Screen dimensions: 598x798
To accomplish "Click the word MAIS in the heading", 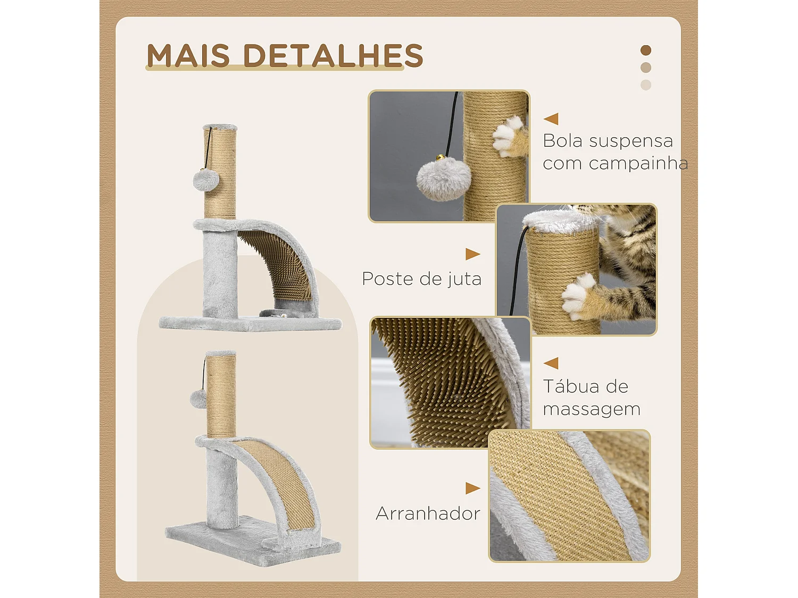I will tap(188, 55).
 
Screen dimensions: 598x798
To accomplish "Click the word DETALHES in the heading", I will tap(333, 55).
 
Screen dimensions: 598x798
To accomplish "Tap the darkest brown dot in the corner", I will tap(646, 50).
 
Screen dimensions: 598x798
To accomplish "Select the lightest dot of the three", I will tap(646, 85).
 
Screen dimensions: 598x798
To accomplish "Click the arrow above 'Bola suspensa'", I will tap(551, 119).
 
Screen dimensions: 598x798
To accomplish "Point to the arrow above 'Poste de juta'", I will tap(472, 254).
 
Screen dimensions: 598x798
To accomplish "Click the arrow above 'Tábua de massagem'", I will tap(551, 363).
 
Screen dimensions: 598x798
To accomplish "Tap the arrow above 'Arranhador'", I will tap(472, 488).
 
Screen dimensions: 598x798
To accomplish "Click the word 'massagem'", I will tap(592, 409).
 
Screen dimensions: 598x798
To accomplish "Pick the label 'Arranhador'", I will tap(428, 513).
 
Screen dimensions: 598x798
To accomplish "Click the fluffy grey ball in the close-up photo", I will tap(443, 180).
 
